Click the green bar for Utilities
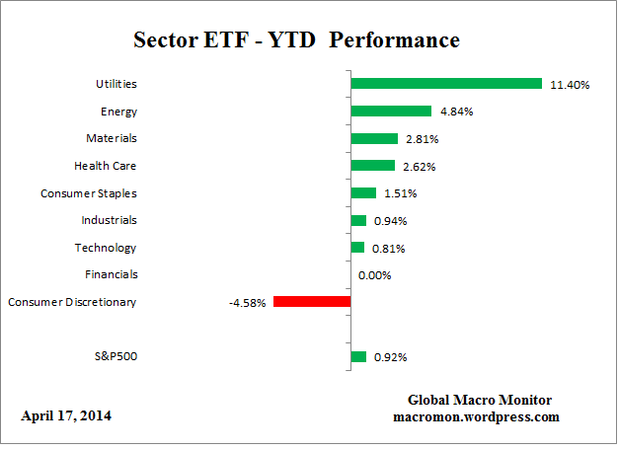(x=446, y=84)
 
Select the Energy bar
(x=391, y=112)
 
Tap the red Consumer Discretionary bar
(x=312, y=302)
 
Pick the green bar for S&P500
(x=358, y=356)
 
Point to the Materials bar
(x=374, y=139)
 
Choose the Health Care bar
(x=372, y=166)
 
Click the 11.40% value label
(x=570, y=85)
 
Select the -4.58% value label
(x=248, y=302)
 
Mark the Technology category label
(x=106, y=248)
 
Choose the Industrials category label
(x=109, y=220)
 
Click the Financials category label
(x=111, y=274)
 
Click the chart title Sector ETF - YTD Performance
(x=296, y=40)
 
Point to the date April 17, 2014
(x=66, y=415)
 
